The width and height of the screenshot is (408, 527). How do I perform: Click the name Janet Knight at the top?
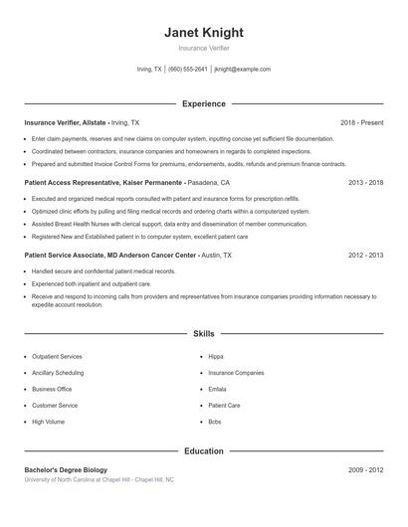(203, 32)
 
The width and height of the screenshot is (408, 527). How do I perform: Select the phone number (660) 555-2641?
(188, 70)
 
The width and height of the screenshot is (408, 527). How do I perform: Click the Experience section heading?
(203, 103)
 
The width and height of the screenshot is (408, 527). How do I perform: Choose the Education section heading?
(203, 450)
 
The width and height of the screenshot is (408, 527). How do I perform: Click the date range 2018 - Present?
(361, 122)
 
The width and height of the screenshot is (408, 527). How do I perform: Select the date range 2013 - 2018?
(365, 183)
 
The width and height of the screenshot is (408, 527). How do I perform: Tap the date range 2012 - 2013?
(365, 256)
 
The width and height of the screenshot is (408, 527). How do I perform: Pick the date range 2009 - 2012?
(365, 469)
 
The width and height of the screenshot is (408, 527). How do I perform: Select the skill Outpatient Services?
(57, 356)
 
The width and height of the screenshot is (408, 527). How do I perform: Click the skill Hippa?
(216, 356)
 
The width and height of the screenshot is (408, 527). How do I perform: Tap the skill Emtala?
(218, 389)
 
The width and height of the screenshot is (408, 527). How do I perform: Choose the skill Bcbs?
(215, 422)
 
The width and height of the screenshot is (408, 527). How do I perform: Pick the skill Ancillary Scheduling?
(58, 373)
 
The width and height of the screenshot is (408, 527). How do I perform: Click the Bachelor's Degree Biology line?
(66, 469)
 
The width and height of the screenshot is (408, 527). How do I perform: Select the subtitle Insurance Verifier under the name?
(203, 48)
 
